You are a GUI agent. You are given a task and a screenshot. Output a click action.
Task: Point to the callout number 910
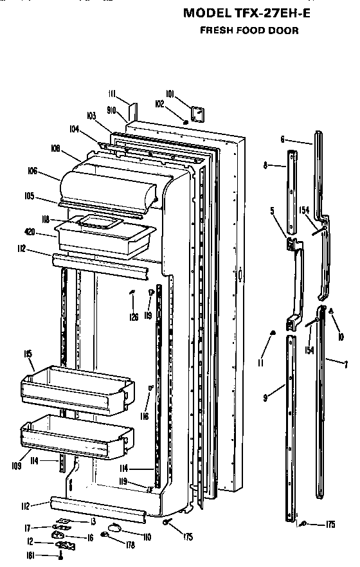point(111,111)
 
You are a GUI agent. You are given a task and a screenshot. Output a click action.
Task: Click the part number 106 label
point(33,171)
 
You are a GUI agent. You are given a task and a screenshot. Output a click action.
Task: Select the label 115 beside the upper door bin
point(28,354)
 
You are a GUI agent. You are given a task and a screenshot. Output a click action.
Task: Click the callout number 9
point(265,399)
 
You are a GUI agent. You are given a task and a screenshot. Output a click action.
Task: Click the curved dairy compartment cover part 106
point(109,183)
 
